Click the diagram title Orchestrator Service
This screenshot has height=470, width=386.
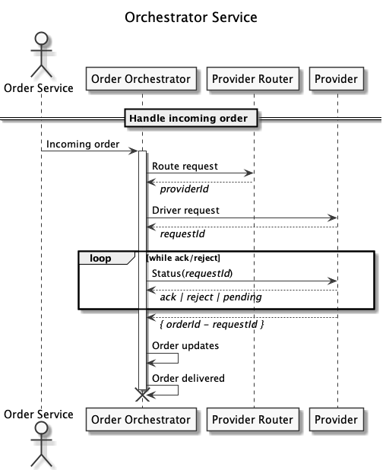pos(191,17)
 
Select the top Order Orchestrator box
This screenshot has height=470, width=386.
pos(141,78)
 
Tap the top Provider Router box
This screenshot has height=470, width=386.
pos(253,78)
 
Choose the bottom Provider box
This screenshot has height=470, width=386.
pos(337,419)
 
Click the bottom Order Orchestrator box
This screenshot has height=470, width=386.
pos(141,419)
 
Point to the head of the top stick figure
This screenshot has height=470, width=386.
pos(41,39)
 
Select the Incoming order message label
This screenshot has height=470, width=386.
pos(83,144)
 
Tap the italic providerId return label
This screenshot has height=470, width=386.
pos(184,189)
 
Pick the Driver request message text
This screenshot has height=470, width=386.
pos(185,211)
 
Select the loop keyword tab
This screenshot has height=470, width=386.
pos(100,258)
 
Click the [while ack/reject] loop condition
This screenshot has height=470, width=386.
pos(183,258)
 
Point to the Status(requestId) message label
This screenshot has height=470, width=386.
pos(192,273)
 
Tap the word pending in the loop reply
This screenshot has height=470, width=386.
pos(242,297)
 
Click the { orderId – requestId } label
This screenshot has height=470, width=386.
pos(212,324)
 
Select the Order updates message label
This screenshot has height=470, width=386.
pos(185,345)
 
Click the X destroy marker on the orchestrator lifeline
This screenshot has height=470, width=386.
pos(143,395)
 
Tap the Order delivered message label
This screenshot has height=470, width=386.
pos(188,378)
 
